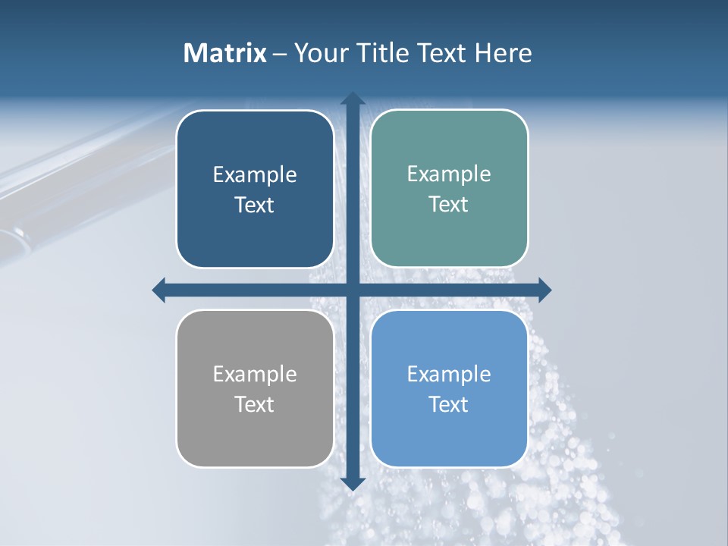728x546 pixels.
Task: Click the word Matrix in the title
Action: coord(225,53)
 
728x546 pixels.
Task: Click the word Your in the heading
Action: coord(318,53)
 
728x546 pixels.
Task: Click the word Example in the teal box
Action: coord(449,174)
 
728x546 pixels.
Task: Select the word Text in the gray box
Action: coord(254,404)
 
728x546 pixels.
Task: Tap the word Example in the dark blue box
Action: coord(255,175)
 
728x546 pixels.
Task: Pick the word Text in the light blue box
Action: coord(449,404)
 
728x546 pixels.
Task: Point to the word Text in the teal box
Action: coord(449,205)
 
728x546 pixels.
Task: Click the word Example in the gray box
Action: coord(255,374)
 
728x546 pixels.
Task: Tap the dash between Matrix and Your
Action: coord(280,54)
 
